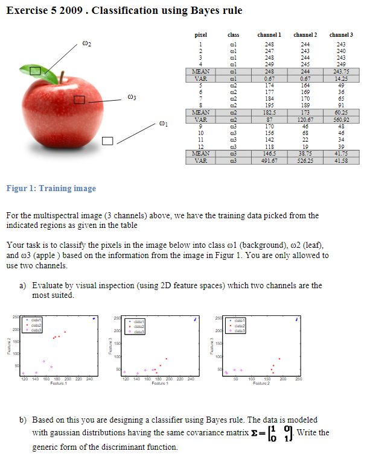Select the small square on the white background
point(108,141)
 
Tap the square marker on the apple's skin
point(80,99)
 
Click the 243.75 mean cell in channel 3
point(341,71)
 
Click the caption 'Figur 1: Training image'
point(51,188)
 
